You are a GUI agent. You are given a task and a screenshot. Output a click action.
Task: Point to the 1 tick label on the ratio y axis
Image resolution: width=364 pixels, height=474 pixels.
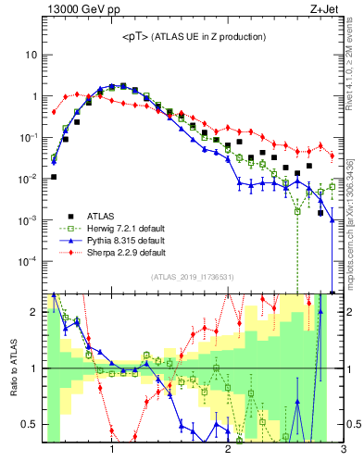[x=34, y=368]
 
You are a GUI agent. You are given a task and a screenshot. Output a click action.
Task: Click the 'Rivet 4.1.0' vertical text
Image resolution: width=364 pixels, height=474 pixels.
[x=357, y=83]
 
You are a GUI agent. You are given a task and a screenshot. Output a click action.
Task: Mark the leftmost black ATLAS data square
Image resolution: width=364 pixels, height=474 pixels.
[x=54, y=176]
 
